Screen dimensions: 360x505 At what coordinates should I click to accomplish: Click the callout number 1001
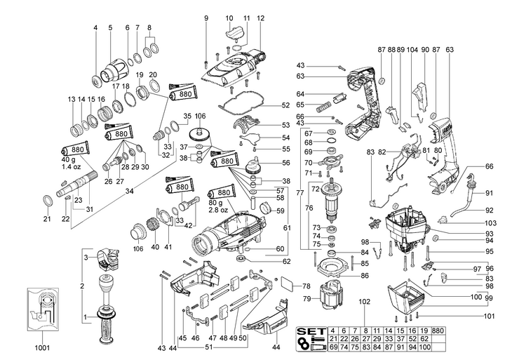pyautogui.click(x=41, y=347)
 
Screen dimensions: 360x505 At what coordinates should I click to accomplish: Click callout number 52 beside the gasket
pyautogui.click(x=285, y=105)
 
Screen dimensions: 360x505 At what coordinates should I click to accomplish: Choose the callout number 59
pyautogui.click(x=280, y=210)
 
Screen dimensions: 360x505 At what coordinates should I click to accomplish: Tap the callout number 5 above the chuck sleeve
pyautogui.click(x=110, y=27)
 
